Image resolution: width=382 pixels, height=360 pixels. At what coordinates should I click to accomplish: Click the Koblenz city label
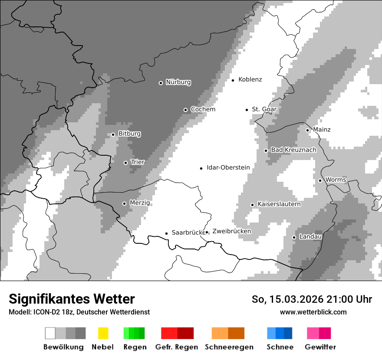250,80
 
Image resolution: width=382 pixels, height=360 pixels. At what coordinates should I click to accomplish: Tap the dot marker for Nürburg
161,83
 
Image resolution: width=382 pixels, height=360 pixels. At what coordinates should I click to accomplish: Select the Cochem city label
203,109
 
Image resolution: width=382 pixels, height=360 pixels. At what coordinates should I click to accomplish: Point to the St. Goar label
264,109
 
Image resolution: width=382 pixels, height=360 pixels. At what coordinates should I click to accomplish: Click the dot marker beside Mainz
307,130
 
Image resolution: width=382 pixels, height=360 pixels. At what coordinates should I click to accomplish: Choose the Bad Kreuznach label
293,150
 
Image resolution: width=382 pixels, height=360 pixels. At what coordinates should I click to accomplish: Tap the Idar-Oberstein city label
228,168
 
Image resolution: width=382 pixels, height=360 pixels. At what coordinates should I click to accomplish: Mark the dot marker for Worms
320,180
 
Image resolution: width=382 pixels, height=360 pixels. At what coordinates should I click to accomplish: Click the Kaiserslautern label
279,204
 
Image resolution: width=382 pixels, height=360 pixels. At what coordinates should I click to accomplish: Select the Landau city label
310,237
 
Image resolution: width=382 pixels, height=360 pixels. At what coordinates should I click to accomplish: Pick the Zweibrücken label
231,231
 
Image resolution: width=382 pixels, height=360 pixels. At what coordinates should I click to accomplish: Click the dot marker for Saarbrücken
166,233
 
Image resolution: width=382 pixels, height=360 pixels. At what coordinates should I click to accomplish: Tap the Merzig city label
140,203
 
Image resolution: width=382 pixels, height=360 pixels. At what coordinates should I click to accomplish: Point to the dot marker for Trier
125,163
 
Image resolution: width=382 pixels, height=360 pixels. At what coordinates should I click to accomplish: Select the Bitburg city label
129,134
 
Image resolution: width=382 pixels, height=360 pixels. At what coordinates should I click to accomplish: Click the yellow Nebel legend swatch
103,333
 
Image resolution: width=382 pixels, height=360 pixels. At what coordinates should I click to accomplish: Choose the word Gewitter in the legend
320,347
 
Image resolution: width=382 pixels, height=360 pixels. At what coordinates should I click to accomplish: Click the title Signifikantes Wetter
72,299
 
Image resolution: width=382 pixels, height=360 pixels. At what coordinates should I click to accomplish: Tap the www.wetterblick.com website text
313,312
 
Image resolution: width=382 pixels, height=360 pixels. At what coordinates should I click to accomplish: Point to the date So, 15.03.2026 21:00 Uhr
312,299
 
